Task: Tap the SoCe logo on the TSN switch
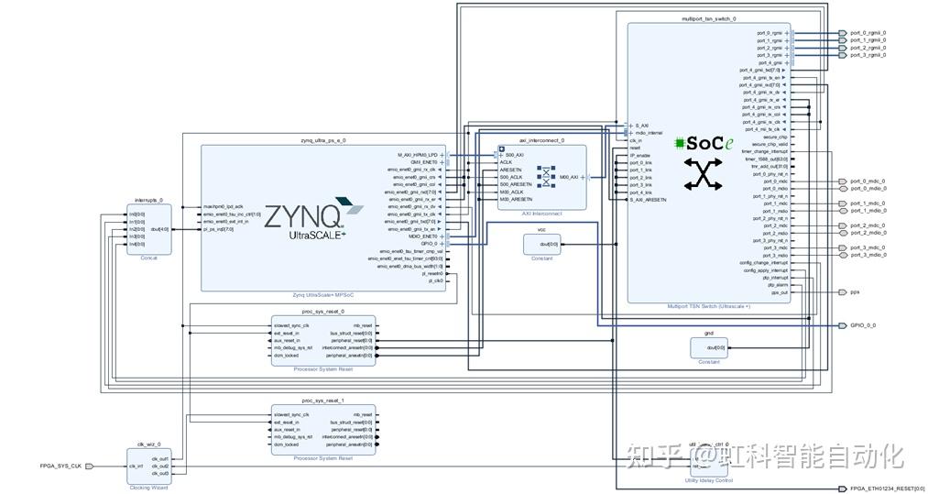[704, 144]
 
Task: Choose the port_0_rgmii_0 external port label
[868, 33]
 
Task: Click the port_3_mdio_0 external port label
[868, 255]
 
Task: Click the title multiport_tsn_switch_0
[708, 18]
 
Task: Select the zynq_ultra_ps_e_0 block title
[323, 140]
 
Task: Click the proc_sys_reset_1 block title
[322, 401]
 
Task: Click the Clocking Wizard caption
[148, 488]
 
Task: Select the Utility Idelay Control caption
[708, 480]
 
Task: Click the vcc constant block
[541, 244]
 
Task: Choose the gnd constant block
[708, 347]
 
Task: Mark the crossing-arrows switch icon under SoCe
[704, 174]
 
